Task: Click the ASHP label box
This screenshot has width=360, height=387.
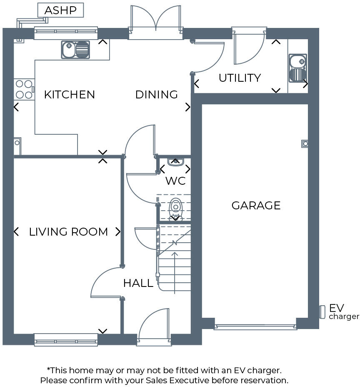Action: (60, 10)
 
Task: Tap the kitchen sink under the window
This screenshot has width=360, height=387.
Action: (75, 50)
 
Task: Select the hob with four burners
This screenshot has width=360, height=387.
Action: (24, 89)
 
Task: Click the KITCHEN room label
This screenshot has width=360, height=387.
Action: (70, 95)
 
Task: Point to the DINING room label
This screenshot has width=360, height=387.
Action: (157, 95)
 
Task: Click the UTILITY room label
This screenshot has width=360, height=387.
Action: (240, 78)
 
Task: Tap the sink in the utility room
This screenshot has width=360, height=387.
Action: (297, 68)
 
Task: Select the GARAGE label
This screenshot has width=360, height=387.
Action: (256, 206)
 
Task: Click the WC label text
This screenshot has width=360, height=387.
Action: (175, 181)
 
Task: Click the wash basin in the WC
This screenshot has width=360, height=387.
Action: (175, 161)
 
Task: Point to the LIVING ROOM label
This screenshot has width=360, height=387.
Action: (68, 232)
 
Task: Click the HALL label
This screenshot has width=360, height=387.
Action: (138, 284)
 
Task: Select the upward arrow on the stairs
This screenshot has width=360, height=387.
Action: (175, 267)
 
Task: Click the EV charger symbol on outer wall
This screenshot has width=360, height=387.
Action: (322, 312)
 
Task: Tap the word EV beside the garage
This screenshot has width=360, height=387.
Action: (336, 308)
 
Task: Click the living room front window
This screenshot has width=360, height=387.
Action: (66, 339)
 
